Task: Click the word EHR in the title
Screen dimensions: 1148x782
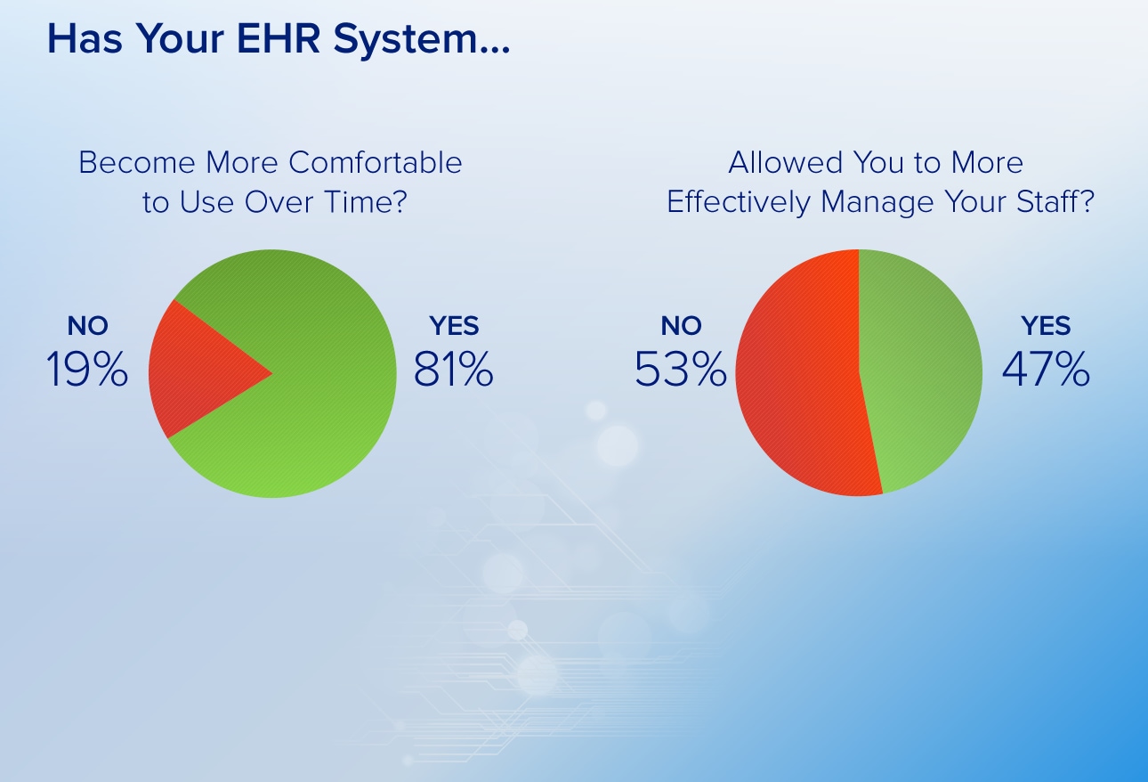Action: pyautogui.click(x=279, y=38)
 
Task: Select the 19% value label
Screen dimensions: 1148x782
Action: pyautogui.click(x=87, y=369)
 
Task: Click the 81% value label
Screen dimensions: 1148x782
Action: pyautogui.click(x=454, y=369)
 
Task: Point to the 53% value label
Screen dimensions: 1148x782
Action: pyautogui.click(x=681, y=369)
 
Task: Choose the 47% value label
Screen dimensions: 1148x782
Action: pyautogui.click(x=1046, y=369)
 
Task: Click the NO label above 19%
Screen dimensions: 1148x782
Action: pyautogui.click(x=87, y=326)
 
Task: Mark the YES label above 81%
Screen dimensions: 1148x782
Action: pyautogui.click(x=454, y=326)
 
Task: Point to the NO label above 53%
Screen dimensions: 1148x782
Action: pyautogui.click(x=681, y=326)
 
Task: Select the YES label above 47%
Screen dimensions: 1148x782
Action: pyautogui.click(x=1046, y=326)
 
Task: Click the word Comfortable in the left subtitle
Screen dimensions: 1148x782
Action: pyautogui.click(x=376, y=163)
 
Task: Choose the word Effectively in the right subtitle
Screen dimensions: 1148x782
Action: pyautogui.click(x=739, y=201)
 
